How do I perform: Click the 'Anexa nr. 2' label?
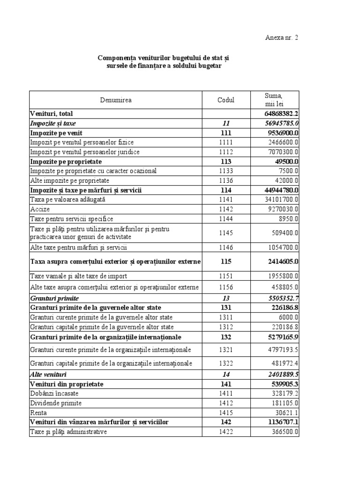[281, 38]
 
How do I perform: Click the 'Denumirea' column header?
[115, 100]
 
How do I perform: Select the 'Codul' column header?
[226, 100]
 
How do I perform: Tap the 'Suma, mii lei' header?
[274, 100]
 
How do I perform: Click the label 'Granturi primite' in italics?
[54, 298]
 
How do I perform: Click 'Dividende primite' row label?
[56, 403]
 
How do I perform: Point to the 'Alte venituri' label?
[49, 375]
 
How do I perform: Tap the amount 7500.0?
[287, 171]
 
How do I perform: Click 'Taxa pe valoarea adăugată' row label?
[68, 200]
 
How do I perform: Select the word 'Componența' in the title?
[117, 58]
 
